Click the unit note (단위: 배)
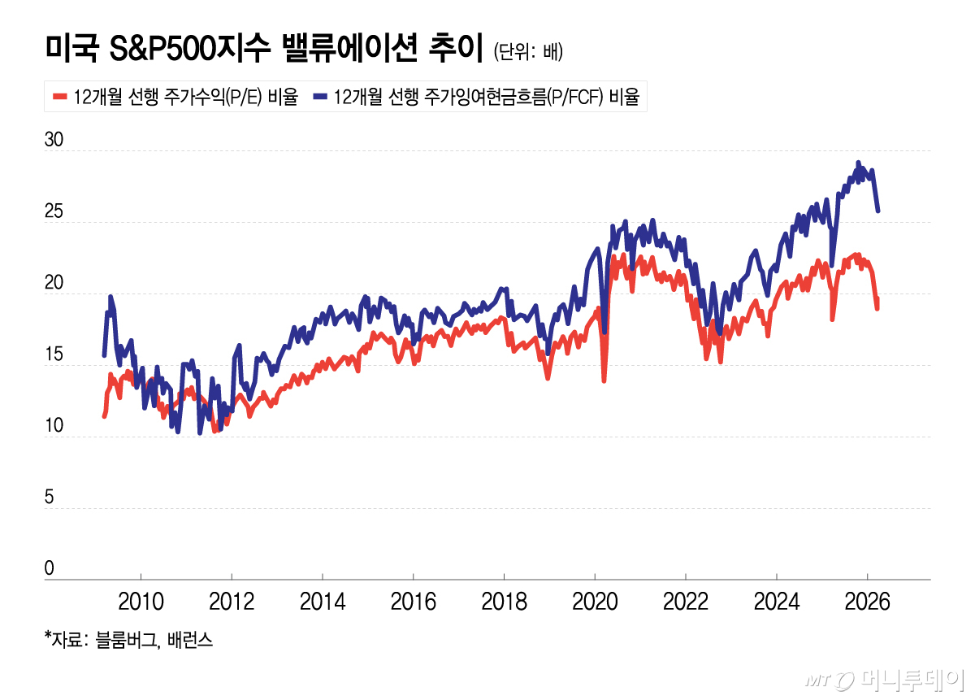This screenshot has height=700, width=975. pos(528,52)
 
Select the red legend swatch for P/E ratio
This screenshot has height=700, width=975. pos(58,98)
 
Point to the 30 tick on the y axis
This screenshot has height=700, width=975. pos(54,140)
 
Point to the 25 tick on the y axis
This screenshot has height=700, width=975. pos(54,211)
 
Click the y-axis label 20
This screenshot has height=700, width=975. pos(54,283)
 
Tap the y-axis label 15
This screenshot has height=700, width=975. pos(54,354)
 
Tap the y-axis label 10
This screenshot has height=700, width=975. pos(54,426)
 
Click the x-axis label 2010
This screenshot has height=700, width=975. pos(141,602)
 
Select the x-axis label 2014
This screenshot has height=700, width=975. pos(323,602)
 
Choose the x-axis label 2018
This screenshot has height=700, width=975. pos(504,602)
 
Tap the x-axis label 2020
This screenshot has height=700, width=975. pos(595,602)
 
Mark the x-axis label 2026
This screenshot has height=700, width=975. pos(867,602)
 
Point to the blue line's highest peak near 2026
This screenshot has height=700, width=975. pos(858,163)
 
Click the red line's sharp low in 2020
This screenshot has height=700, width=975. pos(604,380)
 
